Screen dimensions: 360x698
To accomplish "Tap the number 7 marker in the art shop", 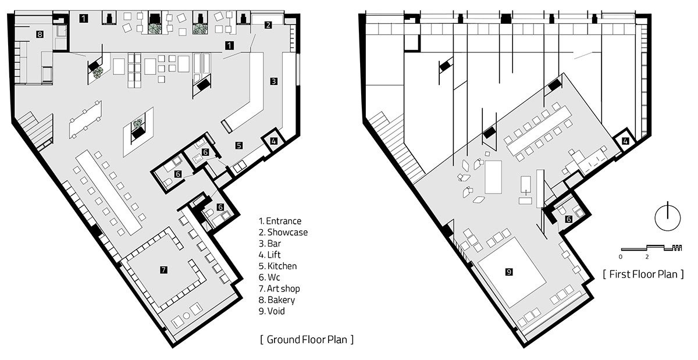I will coord(164,269).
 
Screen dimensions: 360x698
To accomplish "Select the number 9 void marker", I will coord(509,272).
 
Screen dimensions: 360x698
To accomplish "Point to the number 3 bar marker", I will coord(273,81).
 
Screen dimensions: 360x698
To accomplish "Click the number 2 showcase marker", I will coord(268,24).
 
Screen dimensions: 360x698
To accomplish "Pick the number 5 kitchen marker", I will coord(239,145).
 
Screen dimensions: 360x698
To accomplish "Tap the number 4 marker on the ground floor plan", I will coord(274,140).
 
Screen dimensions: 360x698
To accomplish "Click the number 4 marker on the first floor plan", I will coord(625,140).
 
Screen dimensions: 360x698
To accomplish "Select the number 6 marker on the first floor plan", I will coord(568,219).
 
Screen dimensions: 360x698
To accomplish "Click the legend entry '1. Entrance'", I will coord(280,221).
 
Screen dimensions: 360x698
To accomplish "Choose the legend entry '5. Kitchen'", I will coord(278,266).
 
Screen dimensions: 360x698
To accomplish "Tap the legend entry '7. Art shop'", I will coord(279,288).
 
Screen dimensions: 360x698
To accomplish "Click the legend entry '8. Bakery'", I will coord(277,300).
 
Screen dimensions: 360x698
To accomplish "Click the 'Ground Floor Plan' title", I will coord(307,338).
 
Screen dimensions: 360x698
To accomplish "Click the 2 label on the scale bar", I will coord(647,256).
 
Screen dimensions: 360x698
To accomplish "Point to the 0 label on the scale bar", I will coord(621,256).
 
